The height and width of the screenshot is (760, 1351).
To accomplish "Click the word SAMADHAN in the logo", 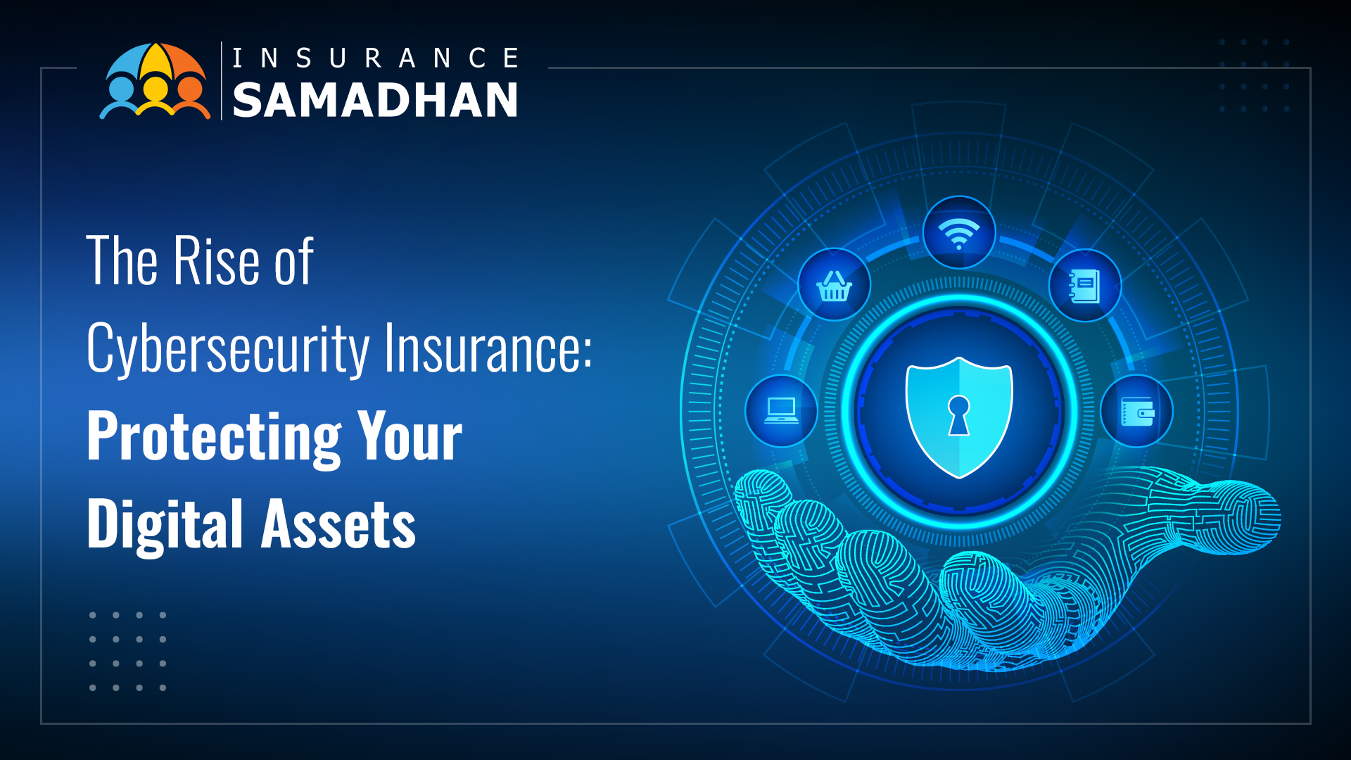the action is pos(375,100).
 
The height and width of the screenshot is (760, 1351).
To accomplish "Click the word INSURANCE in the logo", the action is pos(375,58).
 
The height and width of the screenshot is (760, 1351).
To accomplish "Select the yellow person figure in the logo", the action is pos(155,96).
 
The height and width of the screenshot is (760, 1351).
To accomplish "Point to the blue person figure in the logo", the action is pos(120,99).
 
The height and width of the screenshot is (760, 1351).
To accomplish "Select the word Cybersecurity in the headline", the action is pos(228,348).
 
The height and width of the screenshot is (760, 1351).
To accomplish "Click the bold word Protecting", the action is pos(215,438).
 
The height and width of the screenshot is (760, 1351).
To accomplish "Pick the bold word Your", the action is pos(410,436).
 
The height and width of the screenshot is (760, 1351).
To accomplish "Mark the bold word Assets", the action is pos(338,524).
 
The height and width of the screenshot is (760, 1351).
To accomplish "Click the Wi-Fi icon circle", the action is pos(958,232).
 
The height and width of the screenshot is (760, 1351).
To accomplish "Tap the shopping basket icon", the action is pos(834,286).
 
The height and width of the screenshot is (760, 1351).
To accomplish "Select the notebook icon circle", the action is pos(1084,286).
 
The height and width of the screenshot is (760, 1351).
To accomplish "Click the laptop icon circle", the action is pos(781,411).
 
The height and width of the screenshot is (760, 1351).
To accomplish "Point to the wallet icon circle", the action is pos(1136,412).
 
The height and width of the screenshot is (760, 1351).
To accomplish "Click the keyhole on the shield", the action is pos(958,415).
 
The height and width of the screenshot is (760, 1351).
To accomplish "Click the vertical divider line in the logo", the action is pos(222,80).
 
